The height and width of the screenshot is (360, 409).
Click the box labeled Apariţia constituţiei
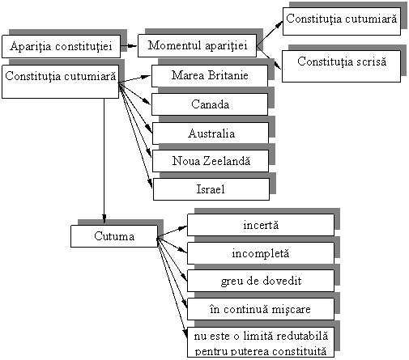[61, 46]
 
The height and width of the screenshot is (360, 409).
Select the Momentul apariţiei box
[197, 45]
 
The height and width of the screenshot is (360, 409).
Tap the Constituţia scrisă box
[341, 66]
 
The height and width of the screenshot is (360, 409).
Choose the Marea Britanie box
[210, 76]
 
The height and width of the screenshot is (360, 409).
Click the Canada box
[210, 104]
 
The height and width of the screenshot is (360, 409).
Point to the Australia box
[211, 133]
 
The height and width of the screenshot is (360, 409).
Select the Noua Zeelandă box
[211, 161]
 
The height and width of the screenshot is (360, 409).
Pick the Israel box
[211, 189]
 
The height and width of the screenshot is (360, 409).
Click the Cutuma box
[114, 236]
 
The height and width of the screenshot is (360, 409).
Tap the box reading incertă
[261, 225]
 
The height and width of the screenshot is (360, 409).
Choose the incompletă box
[261, 253]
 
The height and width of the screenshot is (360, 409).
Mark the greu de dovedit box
[261, 281]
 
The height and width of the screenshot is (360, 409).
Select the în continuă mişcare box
[261, 309]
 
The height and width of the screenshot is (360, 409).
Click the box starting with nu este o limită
[261, 342]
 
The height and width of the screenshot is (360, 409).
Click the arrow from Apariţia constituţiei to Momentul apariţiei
[129, 46]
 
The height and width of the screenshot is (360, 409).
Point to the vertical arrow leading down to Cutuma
[104, 161]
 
